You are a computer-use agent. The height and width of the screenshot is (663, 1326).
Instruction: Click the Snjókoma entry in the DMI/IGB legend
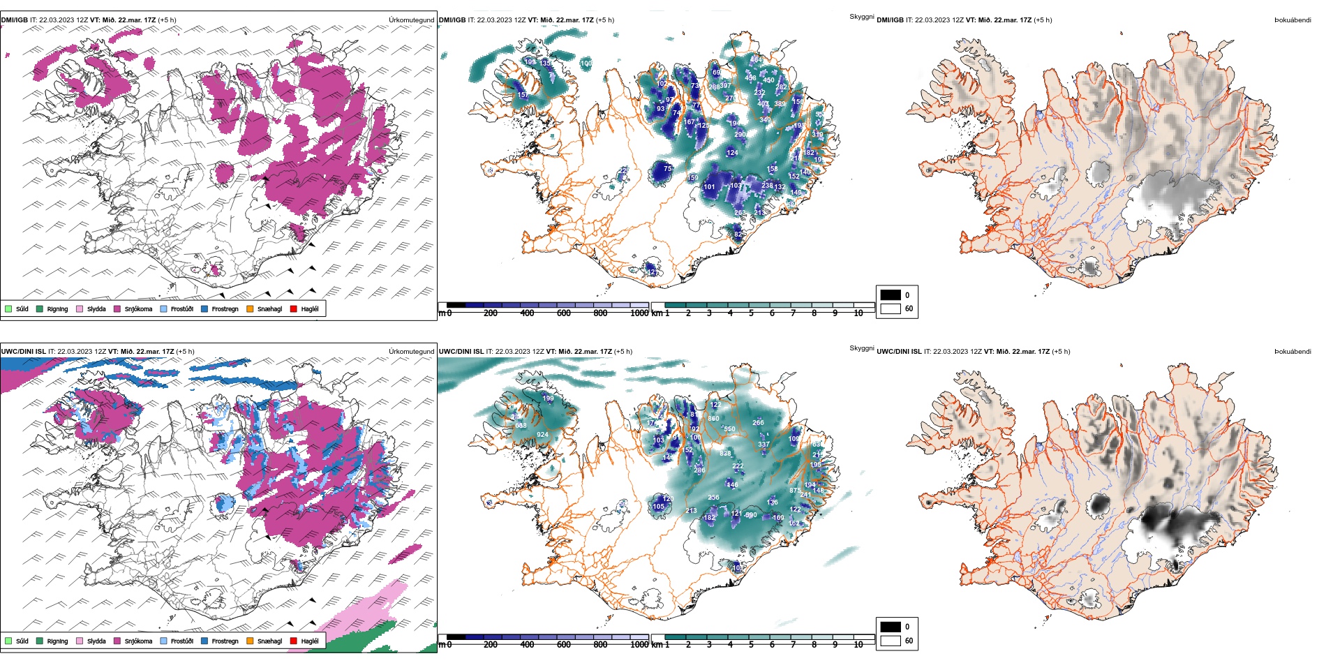138,308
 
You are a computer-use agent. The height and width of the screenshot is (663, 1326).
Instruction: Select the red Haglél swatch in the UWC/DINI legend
294,641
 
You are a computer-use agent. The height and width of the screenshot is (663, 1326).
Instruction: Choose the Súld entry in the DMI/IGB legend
22,308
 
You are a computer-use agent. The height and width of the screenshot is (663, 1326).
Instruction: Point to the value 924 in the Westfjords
542,435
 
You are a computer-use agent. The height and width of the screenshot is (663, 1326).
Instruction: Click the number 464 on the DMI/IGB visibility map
756,60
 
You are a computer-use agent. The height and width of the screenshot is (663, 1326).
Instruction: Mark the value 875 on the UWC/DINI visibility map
795,491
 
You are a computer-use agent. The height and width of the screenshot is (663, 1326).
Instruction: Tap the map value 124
732,152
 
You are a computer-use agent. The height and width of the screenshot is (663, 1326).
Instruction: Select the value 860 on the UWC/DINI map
713,419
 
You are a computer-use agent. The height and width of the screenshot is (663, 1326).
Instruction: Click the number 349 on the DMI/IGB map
765,120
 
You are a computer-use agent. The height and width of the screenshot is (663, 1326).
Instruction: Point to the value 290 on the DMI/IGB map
740,135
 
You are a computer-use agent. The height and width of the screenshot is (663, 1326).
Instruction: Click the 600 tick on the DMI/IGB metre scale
563,313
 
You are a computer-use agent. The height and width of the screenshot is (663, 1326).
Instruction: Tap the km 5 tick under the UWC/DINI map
751,645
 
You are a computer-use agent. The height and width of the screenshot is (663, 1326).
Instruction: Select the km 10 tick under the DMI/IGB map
858,313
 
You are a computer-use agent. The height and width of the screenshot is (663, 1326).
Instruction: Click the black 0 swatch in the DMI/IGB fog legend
891,295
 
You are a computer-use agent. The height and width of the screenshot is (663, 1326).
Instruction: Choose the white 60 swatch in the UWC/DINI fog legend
891,641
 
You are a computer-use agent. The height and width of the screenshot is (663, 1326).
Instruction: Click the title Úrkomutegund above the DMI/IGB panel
411,20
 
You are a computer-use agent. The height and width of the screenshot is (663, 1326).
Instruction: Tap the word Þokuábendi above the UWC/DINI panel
1293,352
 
